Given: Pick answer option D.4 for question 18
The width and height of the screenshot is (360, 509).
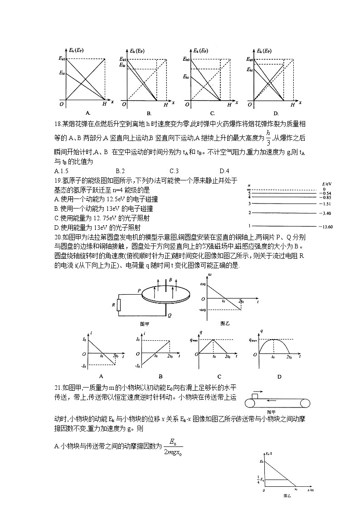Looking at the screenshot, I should pyautogui.click(x=224, y=171).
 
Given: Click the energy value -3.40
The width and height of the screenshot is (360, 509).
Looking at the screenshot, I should pyautogui.click(x=326, y=213).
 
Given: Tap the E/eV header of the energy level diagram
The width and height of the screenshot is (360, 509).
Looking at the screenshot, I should pyautogui.click(x=326, y=184).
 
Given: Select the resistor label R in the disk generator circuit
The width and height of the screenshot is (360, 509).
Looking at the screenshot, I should pyautogui.click(x=113, y=305).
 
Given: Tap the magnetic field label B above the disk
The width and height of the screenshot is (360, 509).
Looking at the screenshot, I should pyautogui.click(x=170, y=281).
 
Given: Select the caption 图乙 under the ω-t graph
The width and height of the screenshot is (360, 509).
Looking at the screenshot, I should pyautogui.click(x=225, y=323).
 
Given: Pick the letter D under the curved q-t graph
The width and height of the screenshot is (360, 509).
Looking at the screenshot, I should pyautogui.click(x=279, y=376).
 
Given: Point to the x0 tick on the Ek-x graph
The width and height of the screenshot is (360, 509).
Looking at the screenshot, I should pyautogui.click(x=296, y=489).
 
